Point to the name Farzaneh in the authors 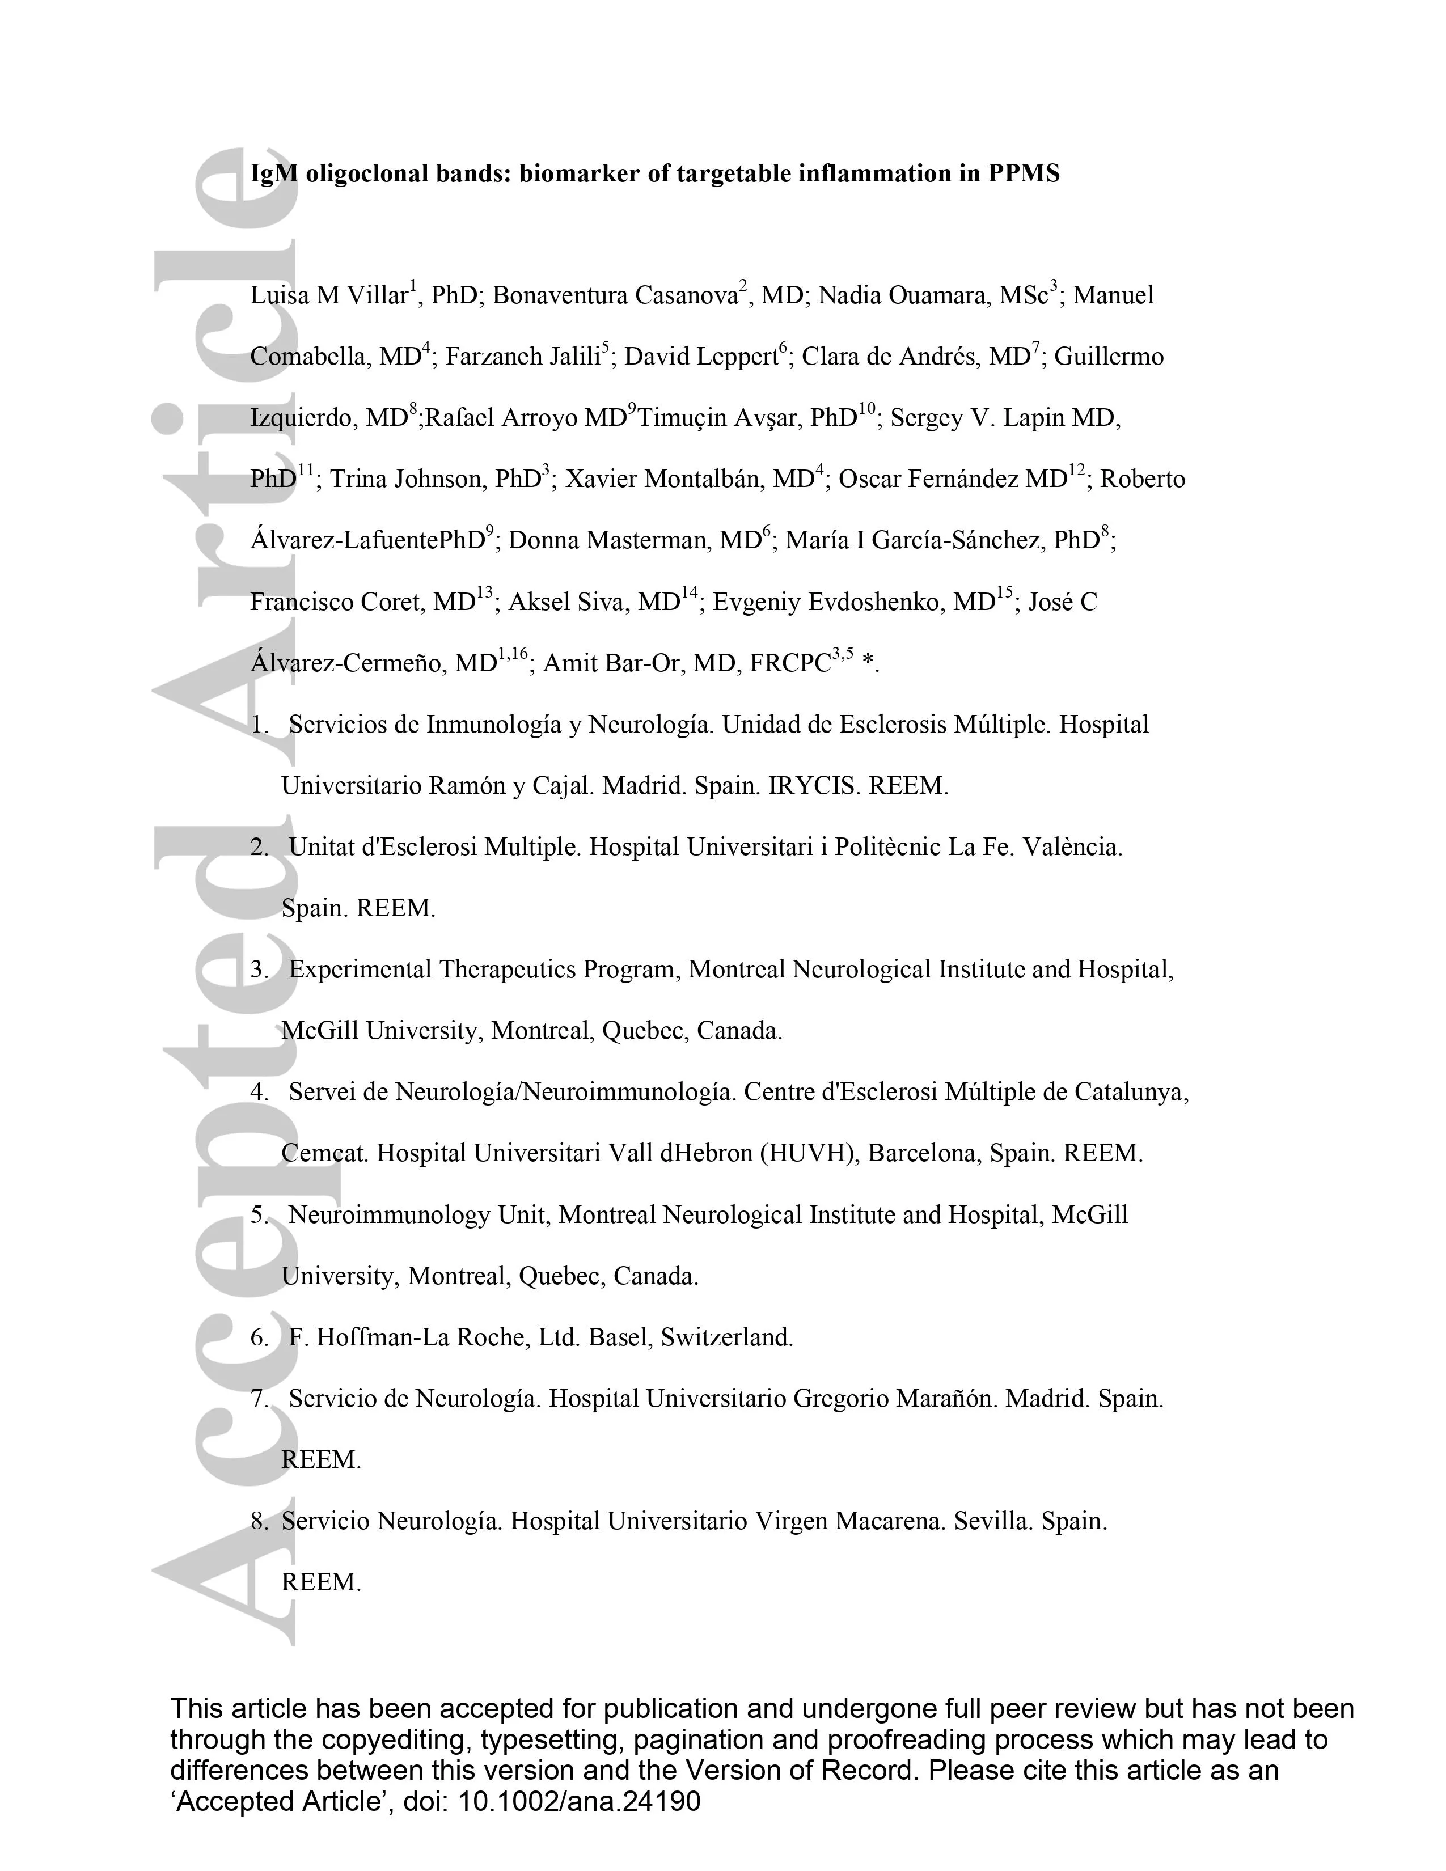tap(488, 357)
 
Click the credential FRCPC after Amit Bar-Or tap(790, 664)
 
